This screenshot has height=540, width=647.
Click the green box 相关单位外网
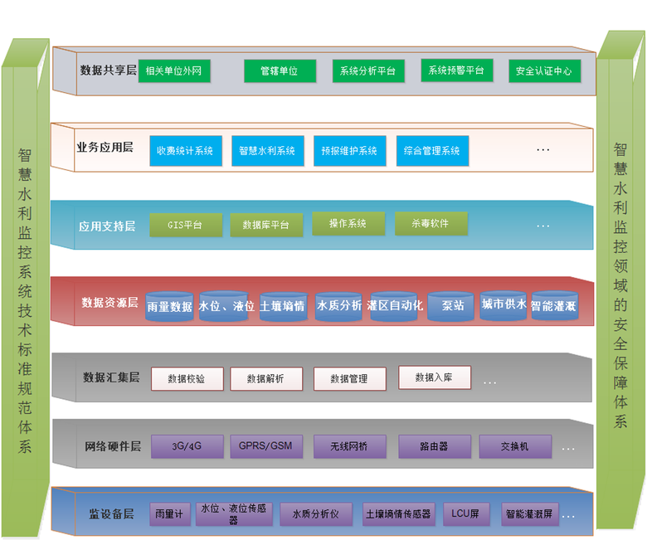[x=174, y=71]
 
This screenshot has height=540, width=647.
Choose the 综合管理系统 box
[x=432, y=151]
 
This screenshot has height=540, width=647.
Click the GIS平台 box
[x=185, y=225]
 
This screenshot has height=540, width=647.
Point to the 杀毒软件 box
[x=431, y=224]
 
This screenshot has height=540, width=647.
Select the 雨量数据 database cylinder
[x=169, y=306]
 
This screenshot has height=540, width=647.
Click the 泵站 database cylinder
[x=452, y=306]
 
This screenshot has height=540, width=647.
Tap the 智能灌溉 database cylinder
[x=554, y=306]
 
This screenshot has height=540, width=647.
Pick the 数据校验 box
[x=186, y=379]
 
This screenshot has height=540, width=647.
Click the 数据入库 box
[x=435, y=377]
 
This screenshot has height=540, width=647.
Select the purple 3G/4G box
[x=187, y=446]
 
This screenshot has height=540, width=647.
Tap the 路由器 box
[x=435, y=446]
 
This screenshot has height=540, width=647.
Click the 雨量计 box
[x=172, y=514]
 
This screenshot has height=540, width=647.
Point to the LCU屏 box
[x=465, y=514]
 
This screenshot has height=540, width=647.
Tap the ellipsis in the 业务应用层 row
[x=543, y=151]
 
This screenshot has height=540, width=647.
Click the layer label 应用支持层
[x=107, y=226]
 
